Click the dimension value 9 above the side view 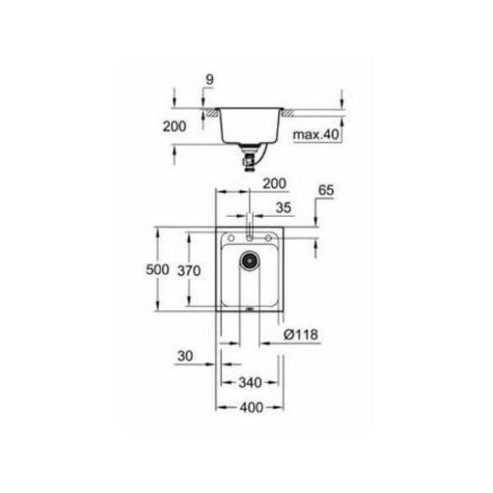208,80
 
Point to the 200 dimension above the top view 274,183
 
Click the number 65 325,191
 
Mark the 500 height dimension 158,270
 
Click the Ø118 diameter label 302,335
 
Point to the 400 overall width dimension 250,407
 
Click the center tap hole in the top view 250,236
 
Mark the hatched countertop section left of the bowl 212,115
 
